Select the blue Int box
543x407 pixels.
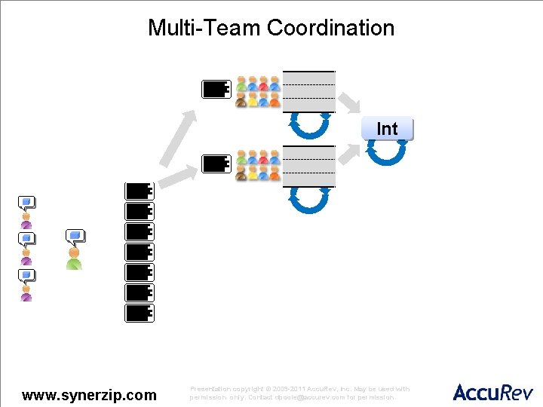(x=387, y=129)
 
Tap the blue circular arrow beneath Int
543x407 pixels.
(x=386, y=152)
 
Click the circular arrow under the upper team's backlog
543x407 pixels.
(x=308, y=125)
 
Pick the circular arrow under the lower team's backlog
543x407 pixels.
(x=308, y=199)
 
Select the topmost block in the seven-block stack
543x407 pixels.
(x=140, y=191)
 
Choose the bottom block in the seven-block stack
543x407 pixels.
(x=140, y=313)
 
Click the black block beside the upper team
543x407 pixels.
(x=216, y=89)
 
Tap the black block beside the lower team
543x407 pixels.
(x=216, y=164)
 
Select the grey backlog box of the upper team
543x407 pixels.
(x=308, y=90)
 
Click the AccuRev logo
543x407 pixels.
(x=492, y=392)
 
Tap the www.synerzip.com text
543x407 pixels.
(x=90, y=395)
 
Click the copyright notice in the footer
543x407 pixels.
(x=299, y=393)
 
